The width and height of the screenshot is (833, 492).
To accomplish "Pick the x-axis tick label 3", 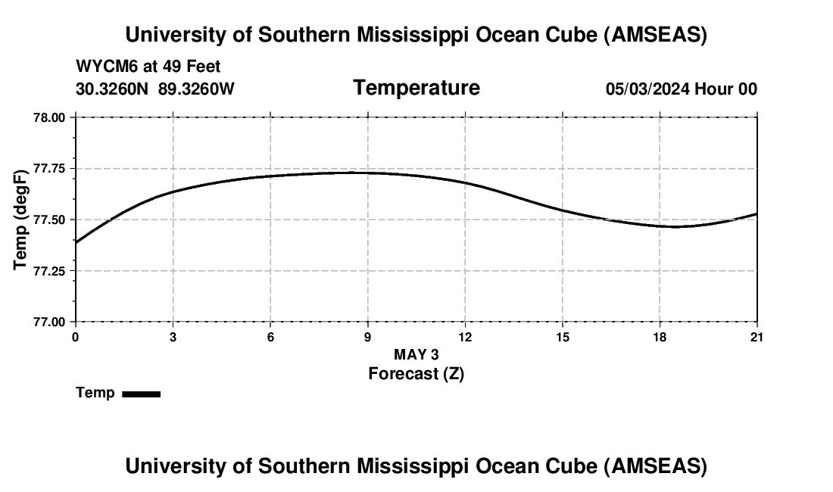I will coord(173,337).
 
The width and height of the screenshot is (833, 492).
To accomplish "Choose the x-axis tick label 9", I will coord(367,337).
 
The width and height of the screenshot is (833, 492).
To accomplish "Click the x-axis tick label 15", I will coord(562,337).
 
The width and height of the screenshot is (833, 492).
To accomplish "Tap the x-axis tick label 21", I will coord(757,337).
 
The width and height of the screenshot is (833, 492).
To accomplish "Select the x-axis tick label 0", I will coord(75,337).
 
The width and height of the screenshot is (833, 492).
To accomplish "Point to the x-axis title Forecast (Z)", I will coord(416,373).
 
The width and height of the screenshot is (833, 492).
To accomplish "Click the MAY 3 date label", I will coord(416,354).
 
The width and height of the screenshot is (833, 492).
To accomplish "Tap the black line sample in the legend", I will coord(141,394).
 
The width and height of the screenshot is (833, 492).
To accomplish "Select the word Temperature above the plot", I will coord(416,88).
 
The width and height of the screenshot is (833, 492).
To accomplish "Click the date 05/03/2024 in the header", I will coord(647,89).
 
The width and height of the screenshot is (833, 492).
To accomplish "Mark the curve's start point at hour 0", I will coord(76,242).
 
